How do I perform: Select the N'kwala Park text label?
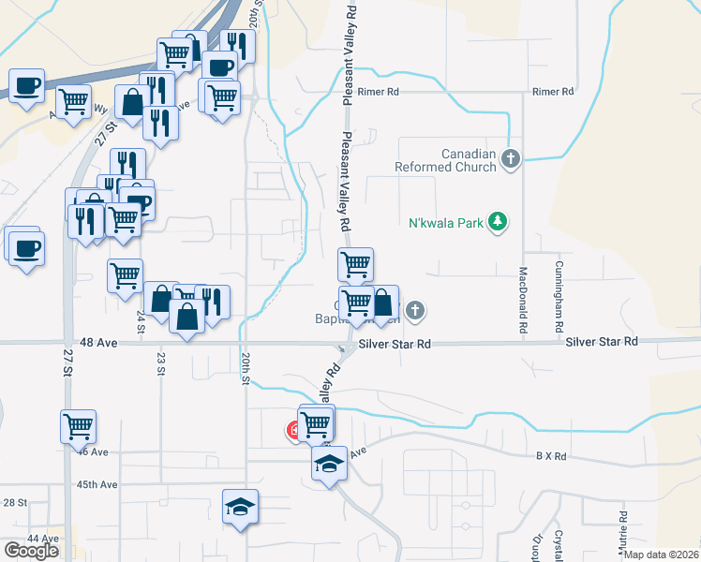[446, 223]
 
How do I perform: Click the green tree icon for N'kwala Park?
[500, 222]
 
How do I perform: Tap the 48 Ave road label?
[97, 344]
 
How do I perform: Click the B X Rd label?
[552, 456]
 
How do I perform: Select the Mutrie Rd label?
[623, 528]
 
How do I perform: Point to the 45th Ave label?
[97, 484]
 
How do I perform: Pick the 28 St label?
[15, 503]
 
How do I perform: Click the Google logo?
[31, 551]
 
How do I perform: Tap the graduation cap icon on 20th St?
[240, 507]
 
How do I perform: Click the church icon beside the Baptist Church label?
[416, 311]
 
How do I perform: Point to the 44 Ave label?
[41, 539]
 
